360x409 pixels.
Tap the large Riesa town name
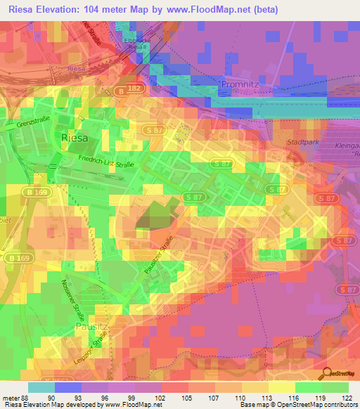76,137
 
